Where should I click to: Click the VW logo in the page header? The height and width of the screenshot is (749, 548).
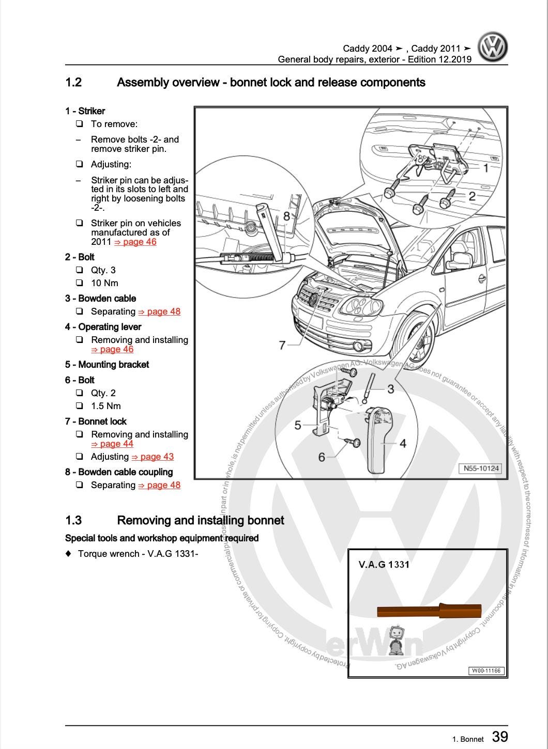[x=492, y=47]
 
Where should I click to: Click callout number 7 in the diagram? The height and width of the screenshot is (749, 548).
[x=282, y=345]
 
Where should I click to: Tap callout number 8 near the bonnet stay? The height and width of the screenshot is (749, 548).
[x=286, y=216]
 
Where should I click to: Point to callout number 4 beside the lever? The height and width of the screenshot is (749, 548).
[x=403, y=443]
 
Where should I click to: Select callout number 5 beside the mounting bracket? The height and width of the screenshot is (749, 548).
[x=298, y=425]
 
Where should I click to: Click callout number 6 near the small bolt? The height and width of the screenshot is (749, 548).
[x=322, y=457]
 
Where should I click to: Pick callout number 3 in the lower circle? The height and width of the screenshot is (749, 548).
[x=390, y=388]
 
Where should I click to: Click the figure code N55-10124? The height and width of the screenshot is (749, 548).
[x=481, y=469]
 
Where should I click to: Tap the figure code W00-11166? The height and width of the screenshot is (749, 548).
[x=486, y=670]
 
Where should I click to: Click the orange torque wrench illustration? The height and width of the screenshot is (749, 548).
[x=429, y=611]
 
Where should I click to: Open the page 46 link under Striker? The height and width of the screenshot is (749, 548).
[x=135, y=242]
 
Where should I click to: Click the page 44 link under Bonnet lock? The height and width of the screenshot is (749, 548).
[x=112, y=444]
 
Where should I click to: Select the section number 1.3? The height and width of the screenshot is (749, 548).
[x=73, y=520]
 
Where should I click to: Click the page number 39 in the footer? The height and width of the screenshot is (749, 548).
[x=500, y=737]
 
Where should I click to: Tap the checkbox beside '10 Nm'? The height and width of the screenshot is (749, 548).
[x=79, y=283]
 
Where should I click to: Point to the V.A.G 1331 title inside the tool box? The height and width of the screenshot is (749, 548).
[x=384, y=564]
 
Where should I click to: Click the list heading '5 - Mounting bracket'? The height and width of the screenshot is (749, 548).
[x=107, y=365]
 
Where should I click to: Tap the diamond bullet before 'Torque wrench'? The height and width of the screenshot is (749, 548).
[x=68, y=554]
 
